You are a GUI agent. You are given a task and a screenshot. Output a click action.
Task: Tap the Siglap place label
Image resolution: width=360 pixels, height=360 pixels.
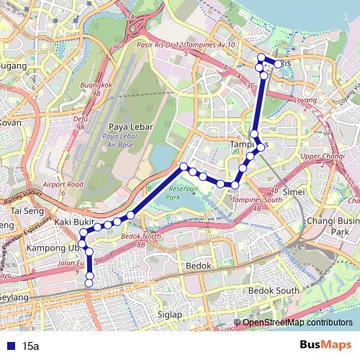(x=171, y=314)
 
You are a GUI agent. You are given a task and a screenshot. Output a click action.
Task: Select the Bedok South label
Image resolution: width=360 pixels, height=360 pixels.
(x=273, y=290)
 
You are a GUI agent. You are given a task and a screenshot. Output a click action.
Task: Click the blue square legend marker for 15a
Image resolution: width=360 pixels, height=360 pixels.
(x=8, y=346)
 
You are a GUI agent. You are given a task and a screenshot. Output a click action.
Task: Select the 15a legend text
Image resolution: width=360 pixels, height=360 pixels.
(x=31, y=346)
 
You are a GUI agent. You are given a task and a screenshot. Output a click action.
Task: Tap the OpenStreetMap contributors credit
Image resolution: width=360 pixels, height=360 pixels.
(x=296, y=322)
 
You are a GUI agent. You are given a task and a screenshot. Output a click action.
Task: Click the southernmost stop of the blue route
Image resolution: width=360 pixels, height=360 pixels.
(x=89, y=304)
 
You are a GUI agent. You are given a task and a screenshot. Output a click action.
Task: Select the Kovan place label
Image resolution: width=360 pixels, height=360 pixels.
(x=10, y=122)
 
